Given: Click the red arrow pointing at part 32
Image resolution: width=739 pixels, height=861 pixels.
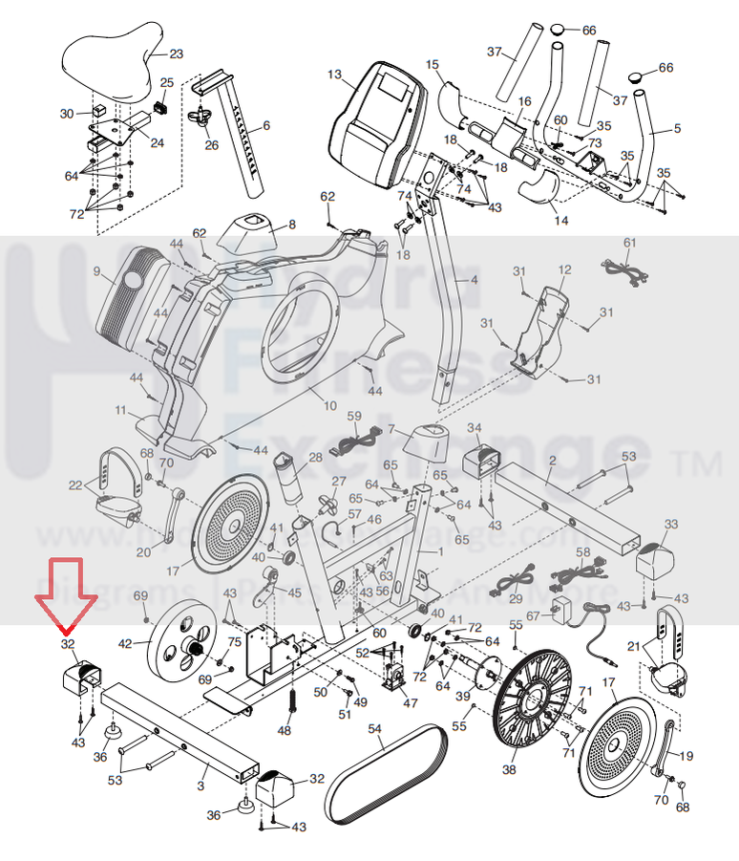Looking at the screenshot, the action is tap(67, 597).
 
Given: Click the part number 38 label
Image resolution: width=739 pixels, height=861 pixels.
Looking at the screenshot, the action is tap(509, 769).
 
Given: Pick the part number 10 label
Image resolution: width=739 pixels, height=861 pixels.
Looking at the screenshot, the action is tap(330, 406).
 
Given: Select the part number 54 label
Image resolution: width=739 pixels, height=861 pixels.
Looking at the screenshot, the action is tap(375, 730).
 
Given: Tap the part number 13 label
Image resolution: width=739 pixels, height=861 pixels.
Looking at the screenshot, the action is tap(333, 74).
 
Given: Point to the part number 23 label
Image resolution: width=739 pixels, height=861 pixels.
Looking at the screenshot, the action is tap(176, 54).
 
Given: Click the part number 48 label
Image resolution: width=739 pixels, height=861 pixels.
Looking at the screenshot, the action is tap(284, 731).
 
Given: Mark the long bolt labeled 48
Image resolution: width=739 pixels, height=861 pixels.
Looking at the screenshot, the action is tap(291, 704).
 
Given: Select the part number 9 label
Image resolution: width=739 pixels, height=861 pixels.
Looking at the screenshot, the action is tap(96, 271).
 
